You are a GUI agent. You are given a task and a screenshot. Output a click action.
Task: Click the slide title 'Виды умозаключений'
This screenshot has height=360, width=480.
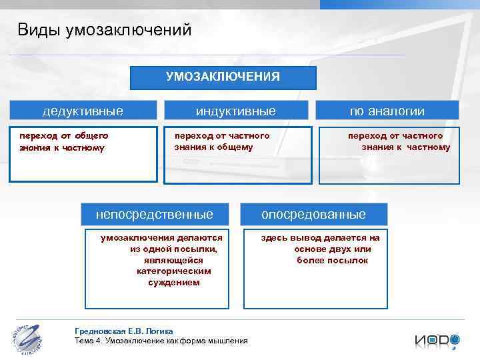[105, 30]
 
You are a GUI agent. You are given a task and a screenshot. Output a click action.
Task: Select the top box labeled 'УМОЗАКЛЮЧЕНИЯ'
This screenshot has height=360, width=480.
[223, 77]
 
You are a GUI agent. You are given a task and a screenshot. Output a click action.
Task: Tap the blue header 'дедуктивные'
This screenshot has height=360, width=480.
[83, 111]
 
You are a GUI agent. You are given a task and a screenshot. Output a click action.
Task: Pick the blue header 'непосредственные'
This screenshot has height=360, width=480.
[155, 214]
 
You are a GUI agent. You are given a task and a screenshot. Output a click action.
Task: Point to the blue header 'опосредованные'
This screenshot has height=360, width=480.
[313, 214]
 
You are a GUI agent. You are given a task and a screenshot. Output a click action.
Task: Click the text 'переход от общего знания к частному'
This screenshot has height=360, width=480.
[64, 141]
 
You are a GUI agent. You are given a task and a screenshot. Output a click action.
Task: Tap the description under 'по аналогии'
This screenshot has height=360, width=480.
[399, 141]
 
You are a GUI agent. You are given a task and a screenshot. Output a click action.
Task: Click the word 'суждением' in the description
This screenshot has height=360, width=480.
[173, 283]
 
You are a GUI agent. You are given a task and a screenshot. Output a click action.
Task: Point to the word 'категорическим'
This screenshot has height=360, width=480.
[173, 271]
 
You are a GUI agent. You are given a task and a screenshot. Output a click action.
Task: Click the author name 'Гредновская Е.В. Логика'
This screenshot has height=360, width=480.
[124, 331]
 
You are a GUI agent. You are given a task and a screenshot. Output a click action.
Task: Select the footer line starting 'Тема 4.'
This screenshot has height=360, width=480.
[161, 341]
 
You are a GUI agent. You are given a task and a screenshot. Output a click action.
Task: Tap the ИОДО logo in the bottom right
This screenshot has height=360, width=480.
[437, 339]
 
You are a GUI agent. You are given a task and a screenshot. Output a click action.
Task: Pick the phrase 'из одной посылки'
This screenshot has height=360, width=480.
[173, 249]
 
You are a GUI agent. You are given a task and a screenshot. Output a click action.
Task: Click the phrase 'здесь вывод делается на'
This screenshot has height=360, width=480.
[320, 237]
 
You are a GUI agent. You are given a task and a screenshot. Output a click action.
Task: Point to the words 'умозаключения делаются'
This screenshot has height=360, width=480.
[161, 237]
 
